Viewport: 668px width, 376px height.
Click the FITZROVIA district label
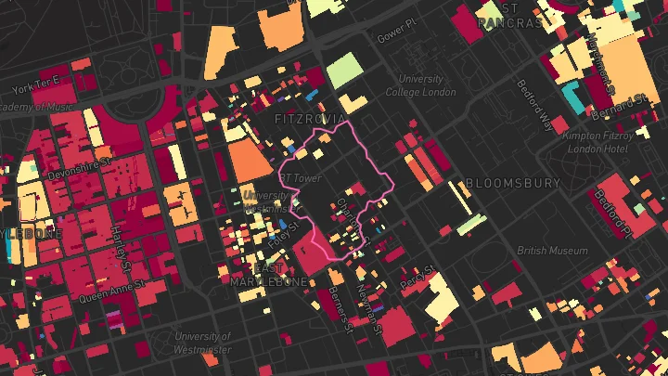tap(309, 120)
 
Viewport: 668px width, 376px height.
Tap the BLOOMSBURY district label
tap(513, 183)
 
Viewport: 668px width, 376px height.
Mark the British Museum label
tap(552, 251)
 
